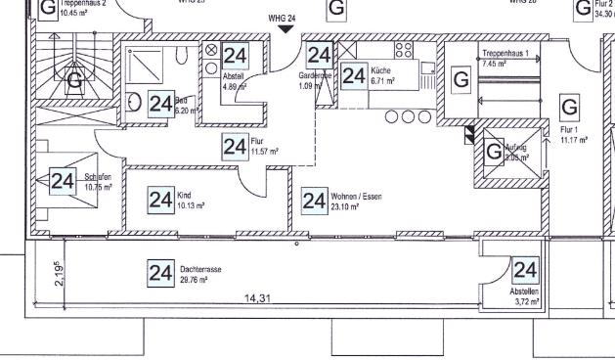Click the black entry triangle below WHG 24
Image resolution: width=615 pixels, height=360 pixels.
tap(285, 29)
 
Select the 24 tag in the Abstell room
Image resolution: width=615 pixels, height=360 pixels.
tap(235, 56)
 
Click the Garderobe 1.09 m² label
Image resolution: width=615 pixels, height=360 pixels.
tap(315, 79)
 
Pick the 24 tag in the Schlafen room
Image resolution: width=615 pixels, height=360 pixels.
tap(64, 181)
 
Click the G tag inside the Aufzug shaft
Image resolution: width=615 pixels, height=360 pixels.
tap(494, 154)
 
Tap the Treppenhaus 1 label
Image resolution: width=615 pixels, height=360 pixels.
tap(505, 54)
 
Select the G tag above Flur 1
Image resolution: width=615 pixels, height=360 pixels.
tap(568, 106)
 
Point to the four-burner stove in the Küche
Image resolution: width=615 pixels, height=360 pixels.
tap(404, 50)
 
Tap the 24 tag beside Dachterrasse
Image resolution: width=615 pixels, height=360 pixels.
tap(160, 272)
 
